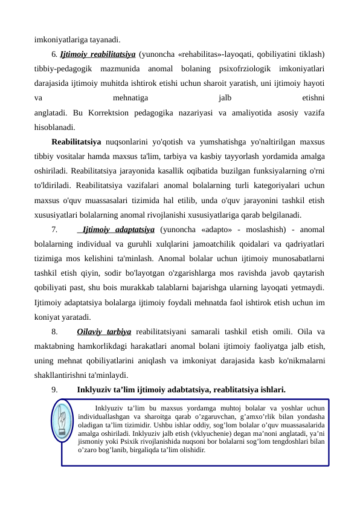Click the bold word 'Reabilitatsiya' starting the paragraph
click(76, 143)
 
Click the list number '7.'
click(54, 230)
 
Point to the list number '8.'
click(54, 331)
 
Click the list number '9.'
click(54, 389)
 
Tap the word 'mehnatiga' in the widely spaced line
click(132, 99)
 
